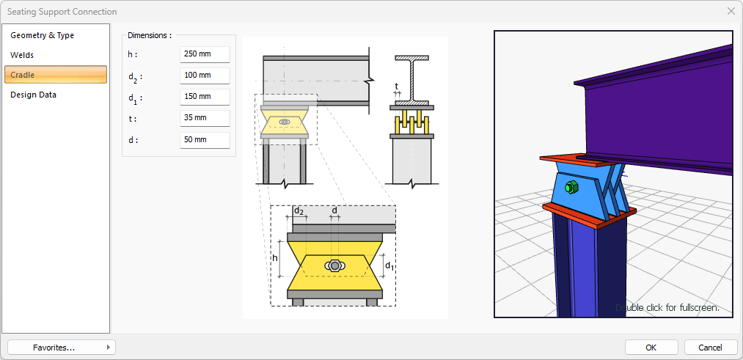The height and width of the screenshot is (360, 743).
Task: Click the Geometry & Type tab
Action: [42, 35]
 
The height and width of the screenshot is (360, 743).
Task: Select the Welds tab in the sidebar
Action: [22, 55]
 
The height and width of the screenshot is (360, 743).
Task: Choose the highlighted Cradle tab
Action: [56, 75]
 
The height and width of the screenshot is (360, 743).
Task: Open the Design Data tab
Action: [33, 95]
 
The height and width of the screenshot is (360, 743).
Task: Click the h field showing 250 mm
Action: [205, 54]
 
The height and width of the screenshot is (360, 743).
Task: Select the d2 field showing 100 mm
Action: [205, 76]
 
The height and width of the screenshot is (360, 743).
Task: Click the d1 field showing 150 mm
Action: [205, 97]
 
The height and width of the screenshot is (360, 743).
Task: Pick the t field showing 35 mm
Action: [205, 118]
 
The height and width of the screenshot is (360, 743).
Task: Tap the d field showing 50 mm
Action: [205, 140]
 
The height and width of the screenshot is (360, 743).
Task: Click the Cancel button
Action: [710, 348]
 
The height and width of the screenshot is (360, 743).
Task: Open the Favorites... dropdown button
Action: [62, 348]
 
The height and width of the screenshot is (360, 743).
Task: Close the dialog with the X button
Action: [731, 12]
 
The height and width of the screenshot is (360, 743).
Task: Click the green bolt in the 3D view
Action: [571, 187]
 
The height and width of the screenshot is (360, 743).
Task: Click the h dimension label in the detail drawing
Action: [274, 258]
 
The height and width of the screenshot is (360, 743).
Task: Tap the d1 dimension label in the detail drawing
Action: [389, 265]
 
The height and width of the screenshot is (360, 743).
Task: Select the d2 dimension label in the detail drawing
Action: [299, 210]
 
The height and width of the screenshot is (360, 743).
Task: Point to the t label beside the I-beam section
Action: [397, 86]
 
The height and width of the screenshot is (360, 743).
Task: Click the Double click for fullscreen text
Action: [667, 308]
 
